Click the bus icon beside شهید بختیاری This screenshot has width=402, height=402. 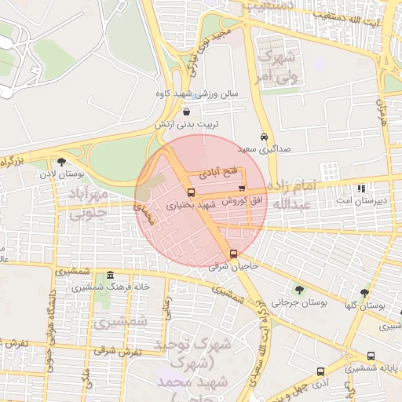pos(191,192)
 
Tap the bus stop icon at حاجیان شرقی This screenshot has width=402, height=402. pos(233,254)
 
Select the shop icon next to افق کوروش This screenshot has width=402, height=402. pos(241,188)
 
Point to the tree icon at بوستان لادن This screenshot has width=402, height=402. pos(62,162)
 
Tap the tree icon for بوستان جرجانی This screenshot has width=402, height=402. pos(298,290)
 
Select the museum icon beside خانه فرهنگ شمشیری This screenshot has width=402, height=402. pos(109,276)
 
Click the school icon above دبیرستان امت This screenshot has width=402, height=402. pos(360,189)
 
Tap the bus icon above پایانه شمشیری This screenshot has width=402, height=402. pos(378,355)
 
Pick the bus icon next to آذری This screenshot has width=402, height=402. pos(320,371)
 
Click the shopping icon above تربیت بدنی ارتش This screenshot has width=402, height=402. pos(185,111)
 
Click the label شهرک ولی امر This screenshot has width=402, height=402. pos(276,66)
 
